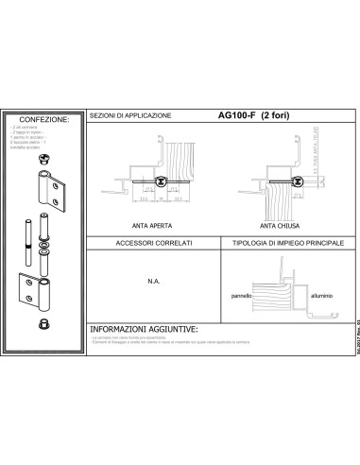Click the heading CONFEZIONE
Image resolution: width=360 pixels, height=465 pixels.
(x=44, y=121)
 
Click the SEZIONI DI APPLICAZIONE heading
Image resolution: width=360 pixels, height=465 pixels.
(x=130, y=116)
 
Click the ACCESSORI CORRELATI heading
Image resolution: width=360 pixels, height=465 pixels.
(x=153, y=244)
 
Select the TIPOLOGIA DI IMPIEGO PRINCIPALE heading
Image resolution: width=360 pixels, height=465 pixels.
(x=279, y=244)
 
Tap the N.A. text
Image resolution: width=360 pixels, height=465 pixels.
(x=152, y=280)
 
